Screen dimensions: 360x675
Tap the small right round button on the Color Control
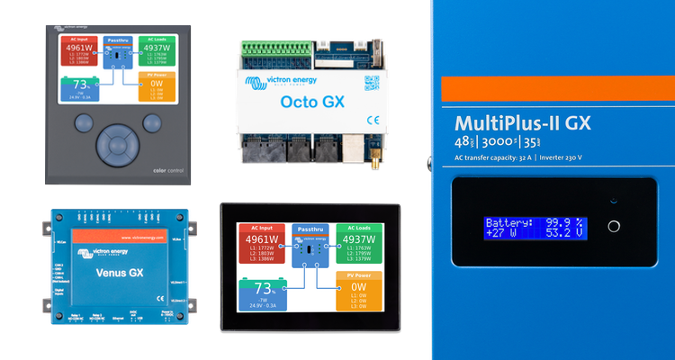(x=149, y=122)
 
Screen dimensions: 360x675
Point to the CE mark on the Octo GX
(x=373, y=119)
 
